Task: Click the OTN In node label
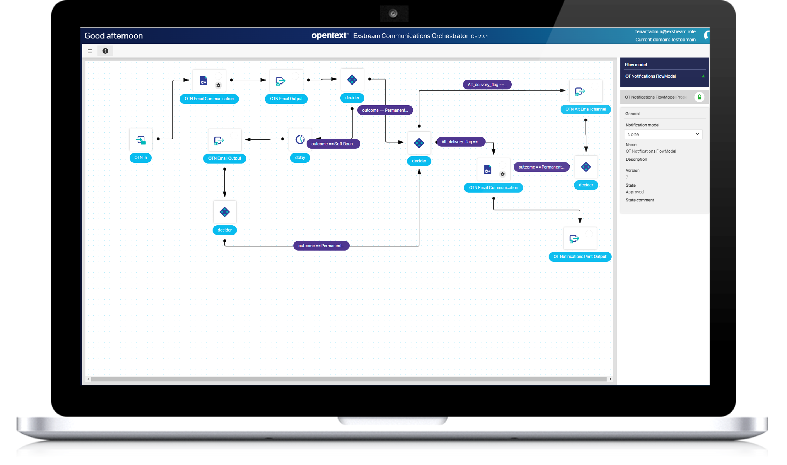tap(140, 158)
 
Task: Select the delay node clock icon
tap(300, 139)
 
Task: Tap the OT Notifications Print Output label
tap(580, 256)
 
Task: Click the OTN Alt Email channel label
tap(585, 109)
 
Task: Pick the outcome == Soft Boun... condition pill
tap(333, 144)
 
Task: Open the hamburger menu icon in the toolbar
tap(90, 51)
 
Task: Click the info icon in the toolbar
tap(105, 51)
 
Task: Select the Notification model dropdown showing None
tap(663, 134)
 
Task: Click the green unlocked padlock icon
tap(699, 97)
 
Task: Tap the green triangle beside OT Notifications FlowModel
tap(703, 76)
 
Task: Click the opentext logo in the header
tap(329, 35)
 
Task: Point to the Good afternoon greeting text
tap(114, 36)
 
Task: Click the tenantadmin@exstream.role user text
tap(665, 32)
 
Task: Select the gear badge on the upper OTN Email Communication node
tap(218, 85)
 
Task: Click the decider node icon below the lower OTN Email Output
tap(224, 212)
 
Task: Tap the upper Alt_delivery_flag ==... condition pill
tap(487, 85)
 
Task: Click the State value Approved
tap(634, 192)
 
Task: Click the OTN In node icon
tap(141, 140)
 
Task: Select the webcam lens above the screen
tap(393, 13)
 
